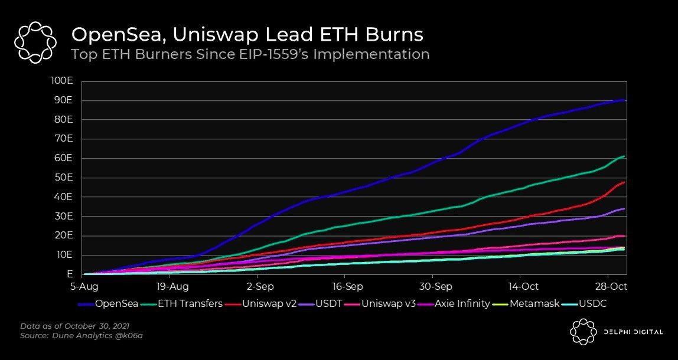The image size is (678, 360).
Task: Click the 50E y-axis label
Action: (63, 178)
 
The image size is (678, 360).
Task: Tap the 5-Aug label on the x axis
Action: (83, 286)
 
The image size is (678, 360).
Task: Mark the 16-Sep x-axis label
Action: (347, 286)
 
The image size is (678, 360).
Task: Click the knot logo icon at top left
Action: (35, 42)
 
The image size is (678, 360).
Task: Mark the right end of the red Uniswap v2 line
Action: (625, 182)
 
